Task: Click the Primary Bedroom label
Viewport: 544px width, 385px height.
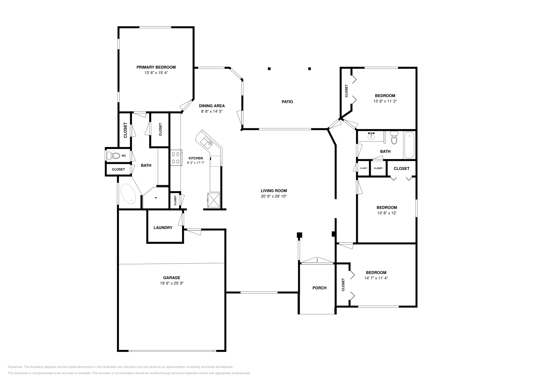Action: (156, 67)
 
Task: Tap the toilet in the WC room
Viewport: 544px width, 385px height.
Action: (113, 156)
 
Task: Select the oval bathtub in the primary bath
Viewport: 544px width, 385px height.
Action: (128, 194)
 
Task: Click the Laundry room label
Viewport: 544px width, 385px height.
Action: (163, 228)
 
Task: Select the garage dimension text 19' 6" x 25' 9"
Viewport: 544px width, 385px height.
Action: (172, 283)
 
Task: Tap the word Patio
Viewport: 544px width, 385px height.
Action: (287, 102)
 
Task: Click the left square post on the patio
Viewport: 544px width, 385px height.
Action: (269, 69)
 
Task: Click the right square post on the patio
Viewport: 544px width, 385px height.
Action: (309, 69)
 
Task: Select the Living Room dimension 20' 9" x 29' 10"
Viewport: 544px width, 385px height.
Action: (274, 196)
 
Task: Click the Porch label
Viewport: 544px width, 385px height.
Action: (319, 288)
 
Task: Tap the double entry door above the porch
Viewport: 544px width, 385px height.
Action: (317, 261)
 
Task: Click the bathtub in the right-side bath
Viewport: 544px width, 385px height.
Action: (409, 145)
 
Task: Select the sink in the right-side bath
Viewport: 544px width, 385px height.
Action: (371, 137)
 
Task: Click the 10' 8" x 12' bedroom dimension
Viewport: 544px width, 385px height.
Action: (387, 213)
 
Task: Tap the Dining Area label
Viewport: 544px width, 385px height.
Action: (212, 106)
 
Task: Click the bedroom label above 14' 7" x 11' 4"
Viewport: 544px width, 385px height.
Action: (376, 272)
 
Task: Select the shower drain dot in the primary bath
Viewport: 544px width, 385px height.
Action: (156, 198)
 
